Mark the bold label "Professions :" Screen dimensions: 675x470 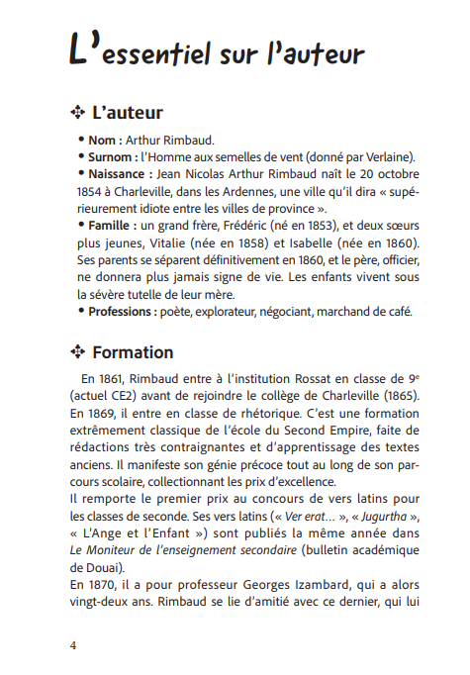pos(128,313)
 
